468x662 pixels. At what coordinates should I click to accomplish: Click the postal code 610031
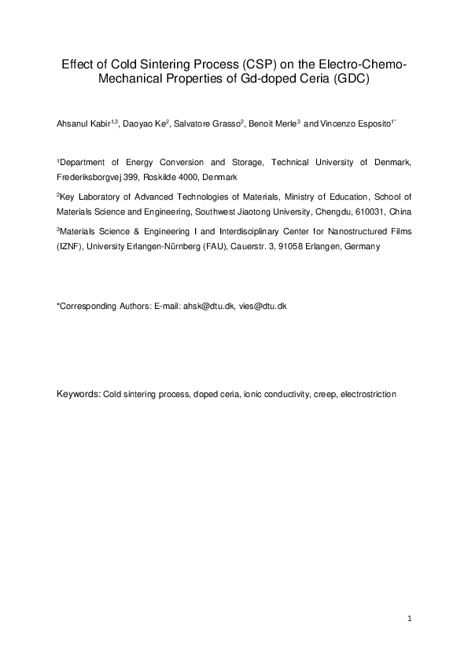coord(372,211)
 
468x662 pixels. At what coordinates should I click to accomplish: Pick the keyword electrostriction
coord(371,392)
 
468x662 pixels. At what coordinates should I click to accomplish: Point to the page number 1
coord(411,620)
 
